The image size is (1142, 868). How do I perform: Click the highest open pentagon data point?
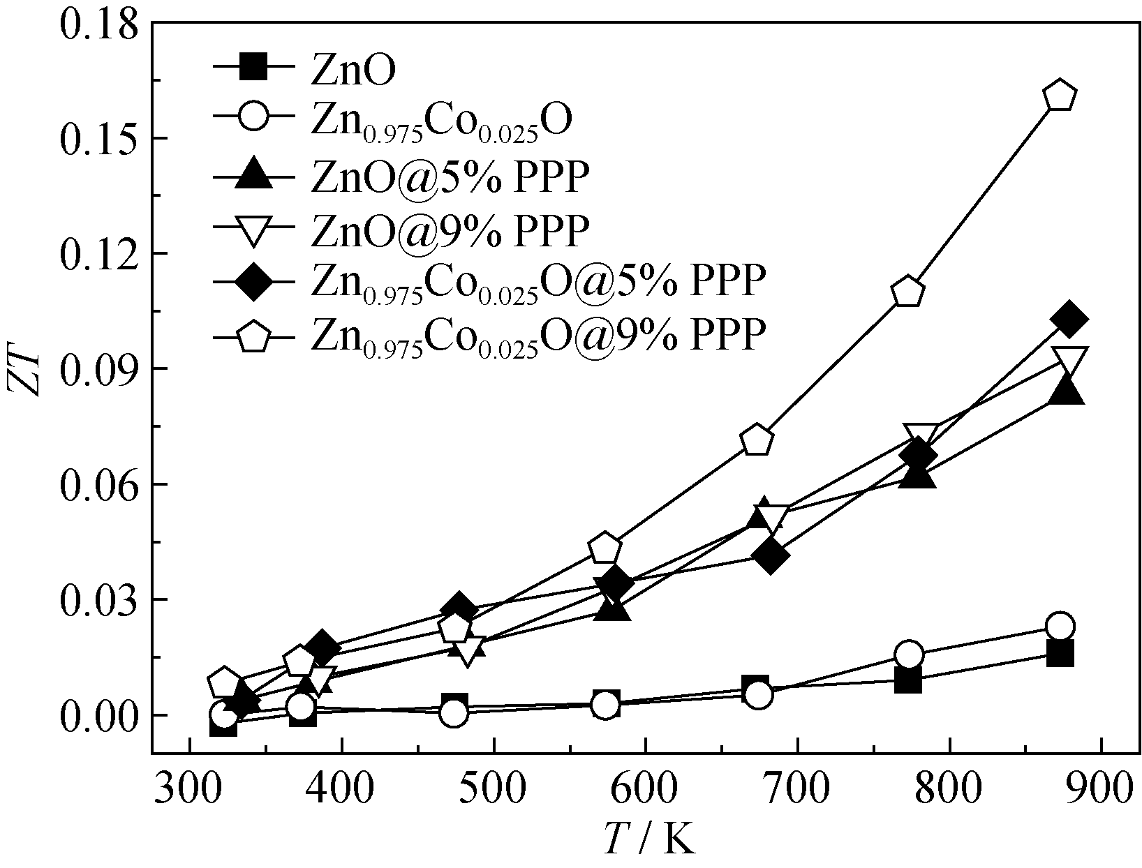[1060, 96]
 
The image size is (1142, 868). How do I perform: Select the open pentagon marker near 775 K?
[908, 292]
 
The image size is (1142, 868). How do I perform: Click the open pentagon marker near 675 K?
[757, 440]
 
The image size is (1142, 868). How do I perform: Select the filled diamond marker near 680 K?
[771, 556]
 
